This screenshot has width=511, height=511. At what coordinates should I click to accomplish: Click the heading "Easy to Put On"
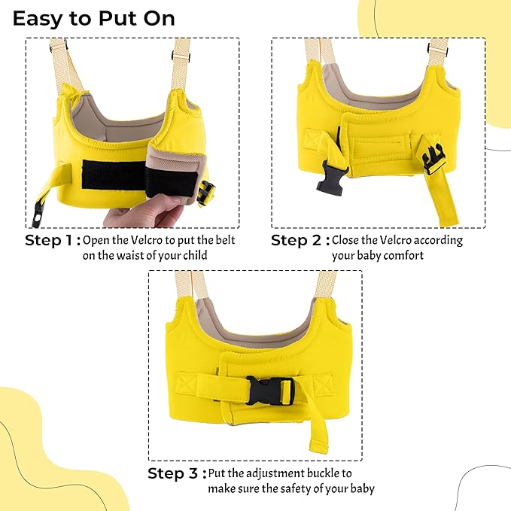(x=94, y=19)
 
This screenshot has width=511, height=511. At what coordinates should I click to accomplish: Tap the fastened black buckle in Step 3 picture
(x=270, y=391)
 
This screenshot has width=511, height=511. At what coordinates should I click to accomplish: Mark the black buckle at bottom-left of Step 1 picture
(x=38, y=214)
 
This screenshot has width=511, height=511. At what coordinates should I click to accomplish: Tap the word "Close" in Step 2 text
(x=345, y=240)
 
